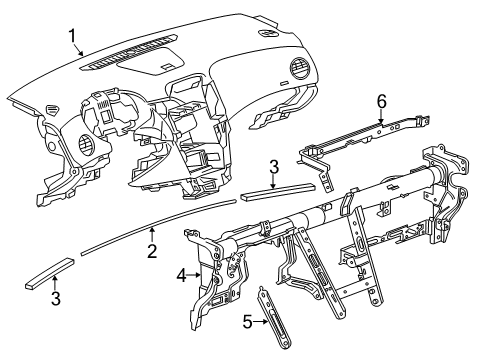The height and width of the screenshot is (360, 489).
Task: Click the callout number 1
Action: coord(72,36)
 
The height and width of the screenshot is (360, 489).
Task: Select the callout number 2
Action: coord(152,251)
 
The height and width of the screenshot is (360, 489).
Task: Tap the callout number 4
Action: coord(182,275)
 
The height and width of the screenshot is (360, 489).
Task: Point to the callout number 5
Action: coord(247,322)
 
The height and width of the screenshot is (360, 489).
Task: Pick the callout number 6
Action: coord(381,101)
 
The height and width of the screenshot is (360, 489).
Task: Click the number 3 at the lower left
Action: coord(56,298)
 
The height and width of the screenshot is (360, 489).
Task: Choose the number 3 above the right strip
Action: coord(274,167)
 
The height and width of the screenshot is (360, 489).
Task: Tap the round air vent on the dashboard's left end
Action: coord(88,143)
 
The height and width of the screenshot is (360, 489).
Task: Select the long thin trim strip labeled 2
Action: coord(158,227)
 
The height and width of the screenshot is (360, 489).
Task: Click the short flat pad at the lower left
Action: coord(50,273)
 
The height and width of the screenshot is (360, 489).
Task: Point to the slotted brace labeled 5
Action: coord(275,317)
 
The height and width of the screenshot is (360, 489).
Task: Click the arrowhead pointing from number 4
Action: coord(198,275)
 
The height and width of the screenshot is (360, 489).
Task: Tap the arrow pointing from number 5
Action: coord(261,322)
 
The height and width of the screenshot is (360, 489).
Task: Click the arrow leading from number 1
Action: coord(79,50)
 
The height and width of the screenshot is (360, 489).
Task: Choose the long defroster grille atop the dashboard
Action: coord(128,52)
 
